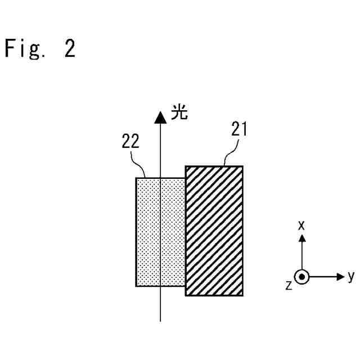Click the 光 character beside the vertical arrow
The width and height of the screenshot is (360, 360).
[x=179, y=114]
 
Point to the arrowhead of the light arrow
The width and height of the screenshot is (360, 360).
[x=161, y=118]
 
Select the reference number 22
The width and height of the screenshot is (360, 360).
[x=130, y=142]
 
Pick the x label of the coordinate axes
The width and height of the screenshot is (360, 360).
[x=301, y=225]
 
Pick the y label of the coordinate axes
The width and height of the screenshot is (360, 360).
[x=351, y=276]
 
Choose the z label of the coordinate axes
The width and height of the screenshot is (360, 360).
[x=289, y=285]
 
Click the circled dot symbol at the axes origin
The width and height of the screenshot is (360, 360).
[x=302, y=277]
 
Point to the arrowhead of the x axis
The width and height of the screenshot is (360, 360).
[x=302, y=238]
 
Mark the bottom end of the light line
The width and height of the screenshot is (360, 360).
[x=161, y=321]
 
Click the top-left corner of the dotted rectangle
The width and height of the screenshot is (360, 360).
[x=136, y=178]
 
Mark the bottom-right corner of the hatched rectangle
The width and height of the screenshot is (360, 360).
[x=243, y=295]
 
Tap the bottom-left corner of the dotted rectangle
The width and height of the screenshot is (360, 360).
[x=136, y=286]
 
